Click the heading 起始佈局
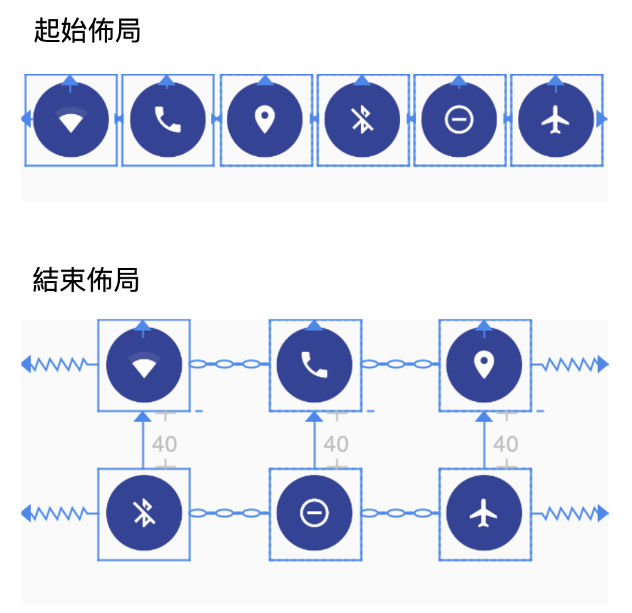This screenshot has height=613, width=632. [87, 31]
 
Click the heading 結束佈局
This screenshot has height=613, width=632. [86, 280]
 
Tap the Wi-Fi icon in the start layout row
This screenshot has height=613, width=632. [71, 120]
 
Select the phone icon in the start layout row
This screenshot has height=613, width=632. [168, 120]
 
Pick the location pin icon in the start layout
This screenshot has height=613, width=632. [265, 120]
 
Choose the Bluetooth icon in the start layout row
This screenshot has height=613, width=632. [362, 120]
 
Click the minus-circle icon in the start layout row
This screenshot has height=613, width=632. [459, 120]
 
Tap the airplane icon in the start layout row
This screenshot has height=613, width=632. [556, 120]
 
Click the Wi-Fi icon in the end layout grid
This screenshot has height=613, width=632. [144, 365]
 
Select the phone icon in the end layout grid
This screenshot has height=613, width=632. [315, 365]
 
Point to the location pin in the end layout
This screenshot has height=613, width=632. [484, 365]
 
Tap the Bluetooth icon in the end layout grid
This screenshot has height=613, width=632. [144, 513]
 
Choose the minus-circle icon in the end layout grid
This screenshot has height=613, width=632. [315, 513]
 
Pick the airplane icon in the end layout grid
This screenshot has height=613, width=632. [484, 513]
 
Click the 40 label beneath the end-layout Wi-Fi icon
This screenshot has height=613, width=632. [165, 444]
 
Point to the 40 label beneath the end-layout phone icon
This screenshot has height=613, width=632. [336, 444]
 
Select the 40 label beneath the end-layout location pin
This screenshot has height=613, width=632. [506, 444]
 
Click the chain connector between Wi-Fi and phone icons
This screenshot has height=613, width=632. [230, 364]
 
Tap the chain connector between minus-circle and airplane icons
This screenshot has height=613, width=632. [399, 512]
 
